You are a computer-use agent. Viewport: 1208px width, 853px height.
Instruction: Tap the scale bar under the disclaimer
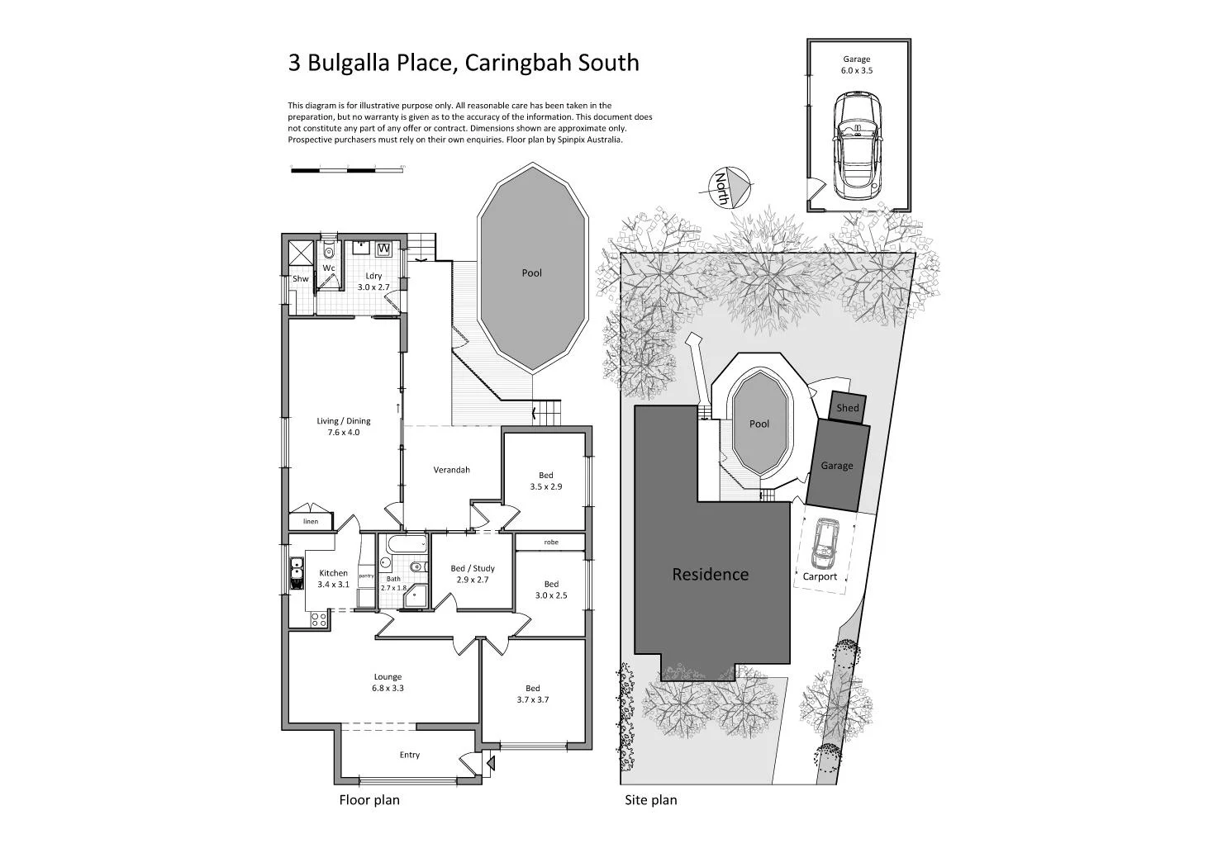347,169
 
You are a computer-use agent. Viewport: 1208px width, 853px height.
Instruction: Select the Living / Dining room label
344,426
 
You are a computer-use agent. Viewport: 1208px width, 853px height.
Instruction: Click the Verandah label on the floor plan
451,470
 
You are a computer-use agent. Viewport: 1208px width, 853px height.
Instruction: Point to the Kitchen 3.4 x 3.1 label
333,578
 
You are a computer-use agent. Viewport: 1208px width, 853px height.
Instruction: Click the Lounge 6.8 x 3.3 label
388,682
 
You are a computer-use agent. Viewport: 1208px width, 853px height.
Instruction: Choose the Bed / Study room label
473,573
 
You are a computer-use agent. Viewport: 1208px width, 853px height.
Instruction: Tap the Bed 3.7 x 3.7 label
533,694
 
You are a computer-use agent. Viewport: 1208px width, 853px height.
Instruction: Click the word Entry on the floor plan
409,755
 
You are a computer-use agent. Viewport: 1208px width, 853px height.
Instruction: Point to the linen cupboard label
311,522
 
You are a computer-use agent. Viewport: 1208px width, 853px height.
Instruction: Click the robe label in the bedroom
550,543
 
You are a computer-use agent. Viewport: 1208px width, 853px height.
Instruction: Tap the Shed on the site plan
847,408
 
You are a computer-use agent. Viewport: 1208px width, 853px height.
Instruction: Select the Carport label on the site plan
820,576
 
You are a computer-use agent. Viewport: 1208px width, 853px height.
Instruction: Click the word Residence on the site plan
710,574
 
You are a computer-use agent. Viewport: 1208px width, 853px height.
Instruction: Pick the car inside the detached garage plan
857,145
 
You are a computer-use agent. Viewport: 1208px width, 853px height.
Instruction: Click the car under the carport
824,543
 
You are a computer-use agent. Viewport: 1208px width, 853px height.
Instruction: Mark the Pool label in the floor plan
531,272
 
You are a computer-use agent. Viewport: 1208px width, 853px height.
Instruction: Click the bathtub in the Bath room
404,544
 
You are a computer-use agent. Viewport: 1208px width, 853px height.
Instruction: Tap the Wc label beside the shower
328,268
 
